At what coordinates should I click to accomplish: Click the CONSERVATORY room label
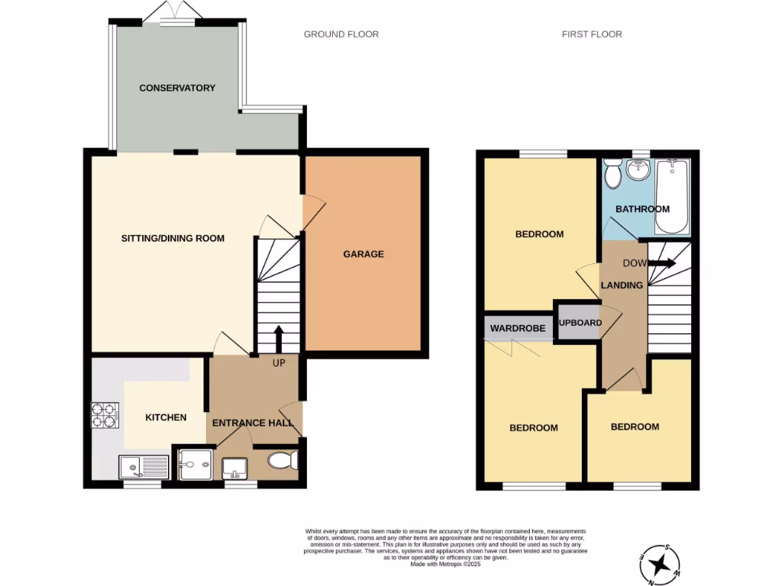click(176, 88)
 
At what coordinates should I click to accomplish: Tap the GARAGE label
click(363, 254)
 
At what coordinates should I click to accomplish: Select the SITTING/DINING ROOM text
click(173, 238)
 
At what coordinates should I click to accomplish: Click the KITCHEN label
click(166, 417)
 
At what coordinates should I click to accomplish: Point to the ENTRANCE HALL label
click(253, 423)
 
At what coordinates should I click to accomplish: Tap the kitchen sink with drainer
click(144, 465)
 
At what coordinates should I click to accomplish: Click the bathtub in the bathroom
click(673, 196)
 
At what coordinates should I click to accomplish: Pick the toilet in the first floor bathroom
click(612, 174)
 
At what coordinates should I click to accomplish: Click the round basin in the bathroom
click(637, 172)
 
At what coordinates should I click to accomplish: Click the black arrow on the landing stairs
click(662, 264)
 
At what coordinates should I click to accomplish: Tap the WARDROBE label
click(517, 328)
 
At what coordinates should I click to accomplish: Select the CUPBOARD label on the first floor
click(580, 323)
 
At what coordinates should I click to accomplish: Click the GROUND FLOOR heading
click(341, 34)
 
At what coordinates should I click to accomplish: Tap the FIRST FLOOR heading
click(591, 34)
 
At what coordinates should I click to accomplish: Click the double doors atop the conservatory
click(175, 11)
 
